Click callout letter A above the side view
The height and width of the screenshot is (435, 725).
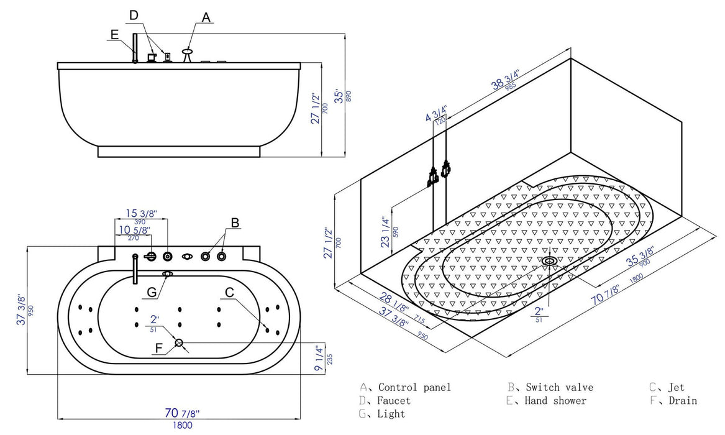[206, 17]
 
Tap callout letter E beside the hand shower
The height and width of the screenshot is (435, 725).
[114, 35]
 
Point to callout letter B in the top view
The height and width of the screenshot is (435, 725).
[235, 222]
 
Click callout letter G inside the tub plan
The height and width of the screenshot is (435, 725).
[152, 291]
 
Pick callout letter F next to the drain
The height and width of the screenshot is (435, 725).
[159, 349]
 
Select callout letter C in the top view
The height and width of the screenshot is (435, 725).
[229, 291]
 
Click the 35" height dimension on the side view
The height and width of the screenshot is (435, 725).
[338, 96]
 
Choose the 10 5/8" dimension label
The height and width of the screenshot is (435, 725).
[133, 231]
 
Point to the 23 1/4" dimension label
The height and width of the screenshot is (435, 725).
[386, 231]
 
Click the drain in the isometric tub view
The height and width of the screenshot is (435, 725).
[549, 261]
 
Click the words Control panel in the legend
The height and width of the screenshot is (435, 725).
[414, 387]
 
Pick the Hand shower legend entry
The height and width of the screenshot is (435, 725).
[555, 401]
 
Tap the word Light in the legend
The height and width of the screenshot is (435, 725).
[391, 414]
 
